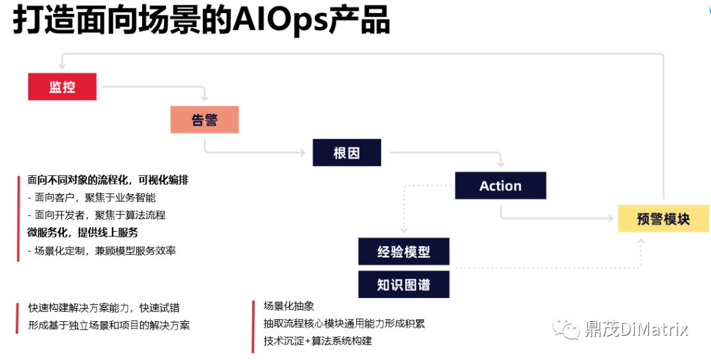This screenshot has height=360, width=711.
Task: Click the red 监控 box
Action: point(62,87)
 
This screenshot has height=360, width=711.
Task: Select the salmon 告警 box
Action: point(205,120)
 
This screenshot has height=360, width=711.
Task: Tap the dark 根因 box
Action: point(347,153)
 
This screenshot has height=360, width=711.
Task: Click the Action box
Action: point(500,186)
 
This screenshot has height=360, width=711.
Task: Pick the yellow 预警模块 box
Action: point(664,219)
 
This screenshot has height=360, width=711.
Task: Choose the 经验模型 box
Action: point(404,251)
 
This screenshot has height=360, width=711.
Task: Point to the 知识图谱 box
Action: point(404,284)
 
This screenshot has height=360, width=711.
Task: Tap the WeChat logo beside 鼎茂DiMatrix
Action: point(566,328)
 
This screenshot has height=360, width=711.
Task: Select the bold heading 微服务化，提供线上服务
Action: point(82,232)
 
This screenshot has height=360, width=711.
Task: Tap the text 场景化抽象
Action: point(289,306)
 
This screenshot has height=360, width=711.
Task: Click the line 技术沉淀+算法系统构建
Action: point(318,340)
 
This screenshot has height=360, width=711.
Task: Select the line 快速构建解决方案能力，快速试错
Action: point(104,308)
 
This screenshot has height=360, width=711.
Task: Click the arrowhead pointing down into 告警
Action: point(205,97)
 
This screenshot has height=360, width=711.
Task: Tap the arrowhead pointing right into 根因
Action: point(302,153)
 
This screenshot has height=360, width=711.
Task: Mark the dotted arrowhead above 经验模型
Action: point(404,230)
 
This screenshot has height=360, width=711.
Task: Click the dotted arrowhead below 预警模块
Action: point(641,242)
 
